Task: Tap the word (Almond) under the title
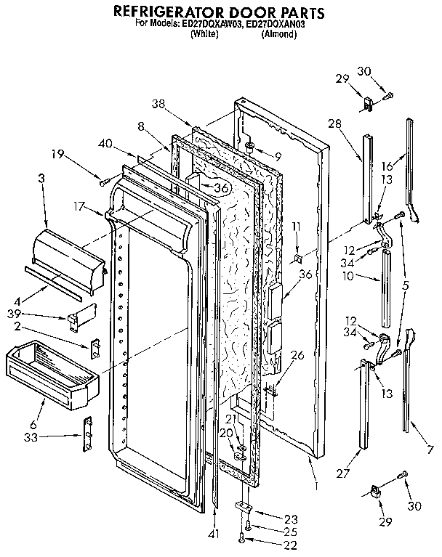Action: pos(278,34)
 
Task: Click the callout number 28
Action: pos(334,125)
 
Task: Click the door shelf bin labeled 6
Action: pos(51,373)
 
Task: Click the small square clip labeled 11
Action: pos(297,259)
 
